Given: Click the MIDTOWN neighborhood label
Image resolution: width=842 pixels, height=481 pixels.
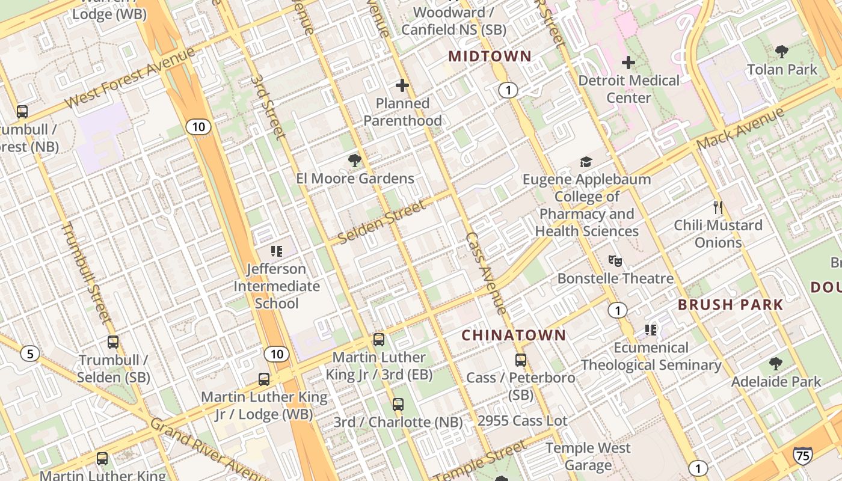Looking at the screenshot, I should point(490,57).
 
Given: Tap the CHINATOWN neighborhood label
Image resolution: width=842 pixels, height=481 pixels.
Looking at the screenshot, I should point(514,335).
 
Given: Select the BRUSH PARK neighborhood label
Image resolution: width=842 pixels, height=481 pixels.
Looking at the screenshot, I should point(731,304).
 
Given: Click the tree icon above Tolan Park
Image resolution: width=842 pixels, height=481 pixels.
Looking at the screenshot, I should point(782,51).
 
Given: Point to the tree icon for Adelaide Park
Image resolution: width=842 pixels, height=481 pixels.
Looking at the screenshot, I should point(776,363).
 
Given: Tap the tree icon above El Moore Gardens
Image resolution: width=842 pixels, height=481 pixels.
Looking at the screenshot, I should point(355,160).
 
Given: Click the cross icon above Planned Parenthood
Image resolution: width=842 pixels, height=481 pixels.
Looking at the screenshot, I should point(402,85).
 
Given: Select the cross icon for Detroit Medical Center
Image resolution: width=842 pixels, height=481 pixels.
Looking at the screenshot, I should point(628,62).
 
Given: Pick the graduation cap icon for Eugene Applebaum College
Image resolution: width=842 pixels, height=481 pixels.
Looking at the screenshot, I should point(586,161).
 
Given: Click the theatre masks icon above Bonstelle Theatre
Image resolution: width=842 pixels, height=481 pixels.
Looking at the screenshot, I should point(615,261).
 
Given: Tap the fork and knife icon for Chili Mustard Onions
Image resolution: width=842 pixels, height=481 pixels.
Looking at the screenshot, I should point(718,207).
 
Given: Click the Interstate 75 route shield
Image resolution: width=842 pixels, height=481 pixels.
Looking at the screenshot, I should point(802,455).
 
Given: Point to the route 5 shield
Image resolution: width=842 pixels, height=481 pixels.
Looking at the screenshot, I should point(29,354).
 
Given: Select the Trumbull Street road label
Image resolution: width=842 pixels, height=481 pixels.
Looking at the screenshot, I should point(87,272).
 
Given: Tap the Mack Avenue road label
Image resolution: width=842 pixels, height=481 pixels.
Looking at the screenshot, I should point(741,129).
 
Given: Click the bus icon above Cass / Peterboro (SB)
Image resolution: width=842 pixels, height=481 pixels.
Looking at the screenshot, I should point(521,360).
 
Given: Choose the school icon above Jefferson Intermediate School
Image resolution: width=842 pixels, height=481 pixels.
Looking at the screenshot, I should point(277,251).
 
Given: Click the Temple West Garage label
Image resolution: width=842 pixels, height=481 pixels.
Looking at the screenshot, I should point(588,456).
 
